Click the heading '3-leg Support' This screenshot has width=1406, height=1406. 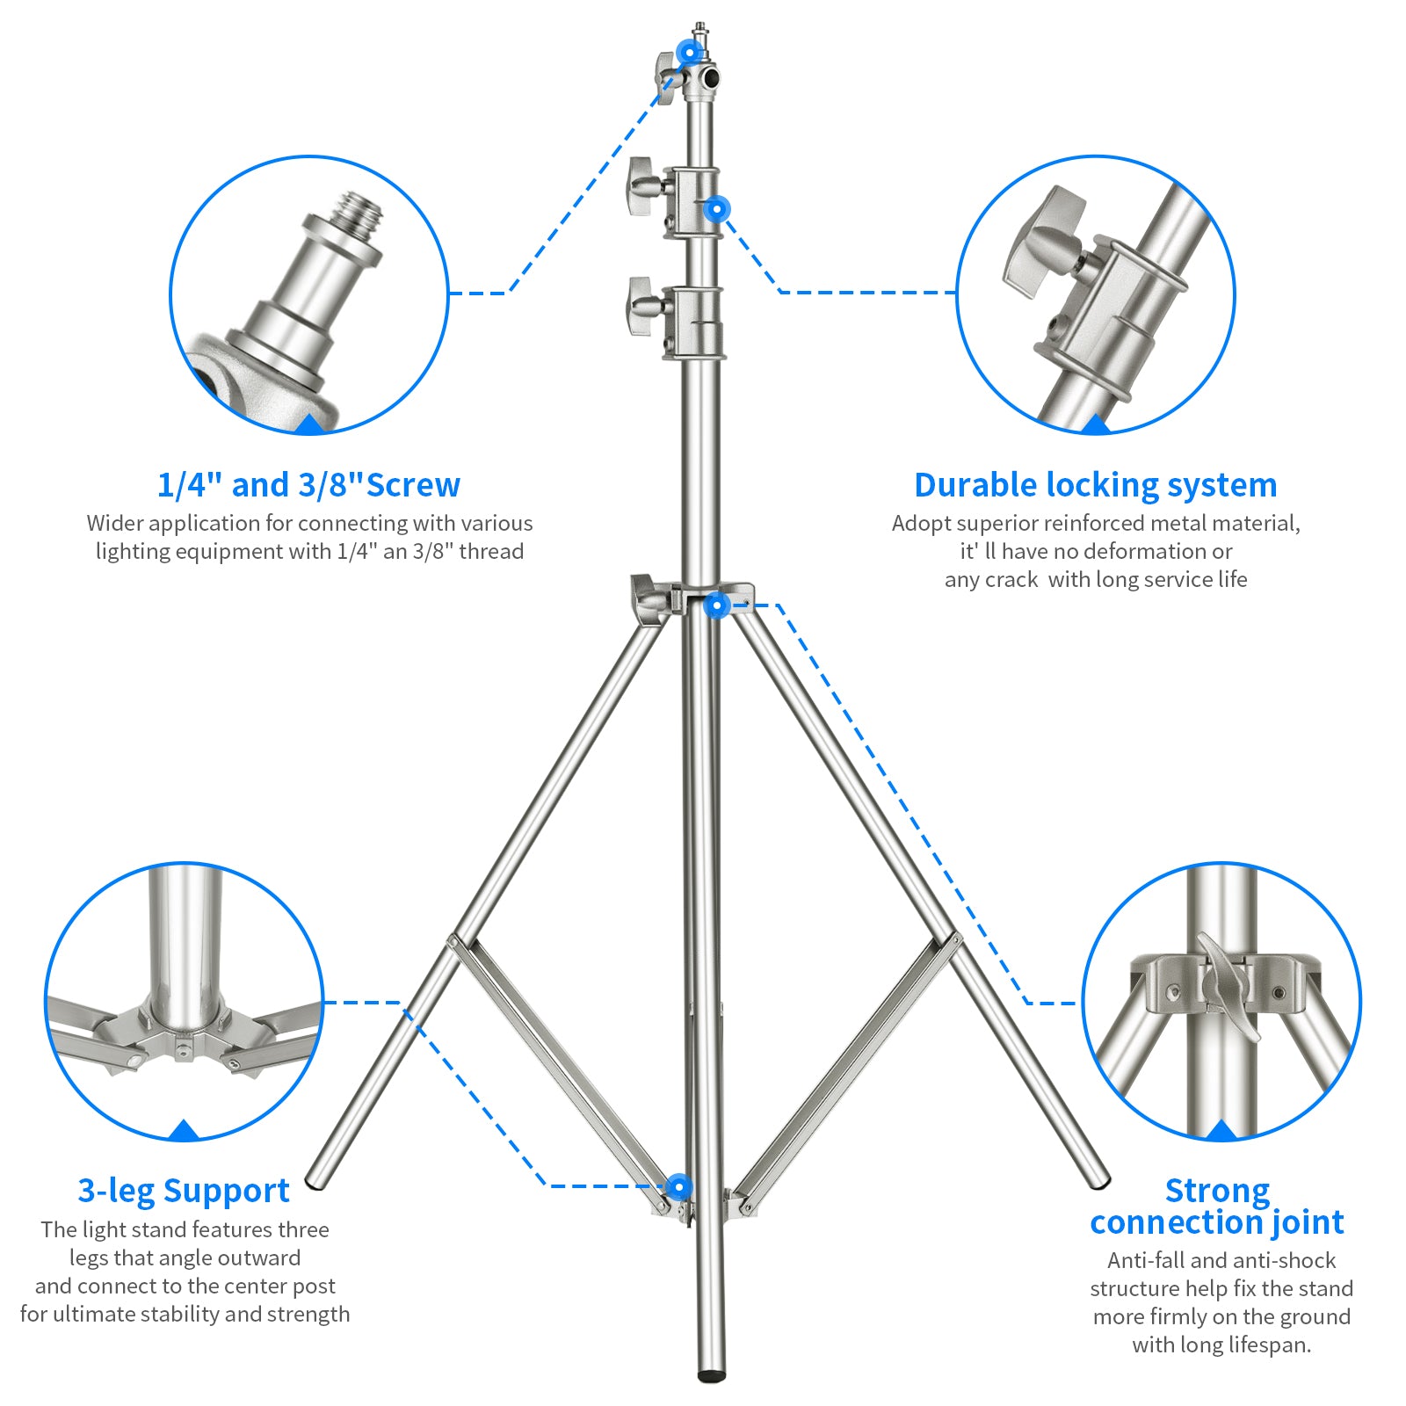[184, 1191]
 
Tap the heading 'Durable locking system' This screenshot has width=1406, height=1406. [1095, 485]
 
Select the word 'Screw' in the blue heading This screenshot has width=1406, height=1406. [413, 485]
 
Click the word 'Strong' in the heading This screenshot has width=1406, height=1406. [1217, 1191]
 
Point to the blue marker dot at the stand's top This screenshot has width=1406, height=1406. [690, 52]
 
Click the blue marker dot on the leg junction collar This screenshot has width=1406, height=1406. [717, 605]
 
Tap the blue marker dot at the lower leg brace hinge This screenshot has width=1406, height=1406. [678, 1187]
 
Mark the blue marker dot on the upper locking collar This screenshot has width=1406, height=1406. [717, 209]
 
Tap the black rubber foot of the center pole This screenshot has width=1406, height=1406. [712, 1373]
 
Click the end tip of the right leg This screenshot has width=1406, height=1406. [1099, 1179]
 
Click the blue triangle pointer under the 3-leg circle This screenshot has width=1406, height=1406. [183, 1130]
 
